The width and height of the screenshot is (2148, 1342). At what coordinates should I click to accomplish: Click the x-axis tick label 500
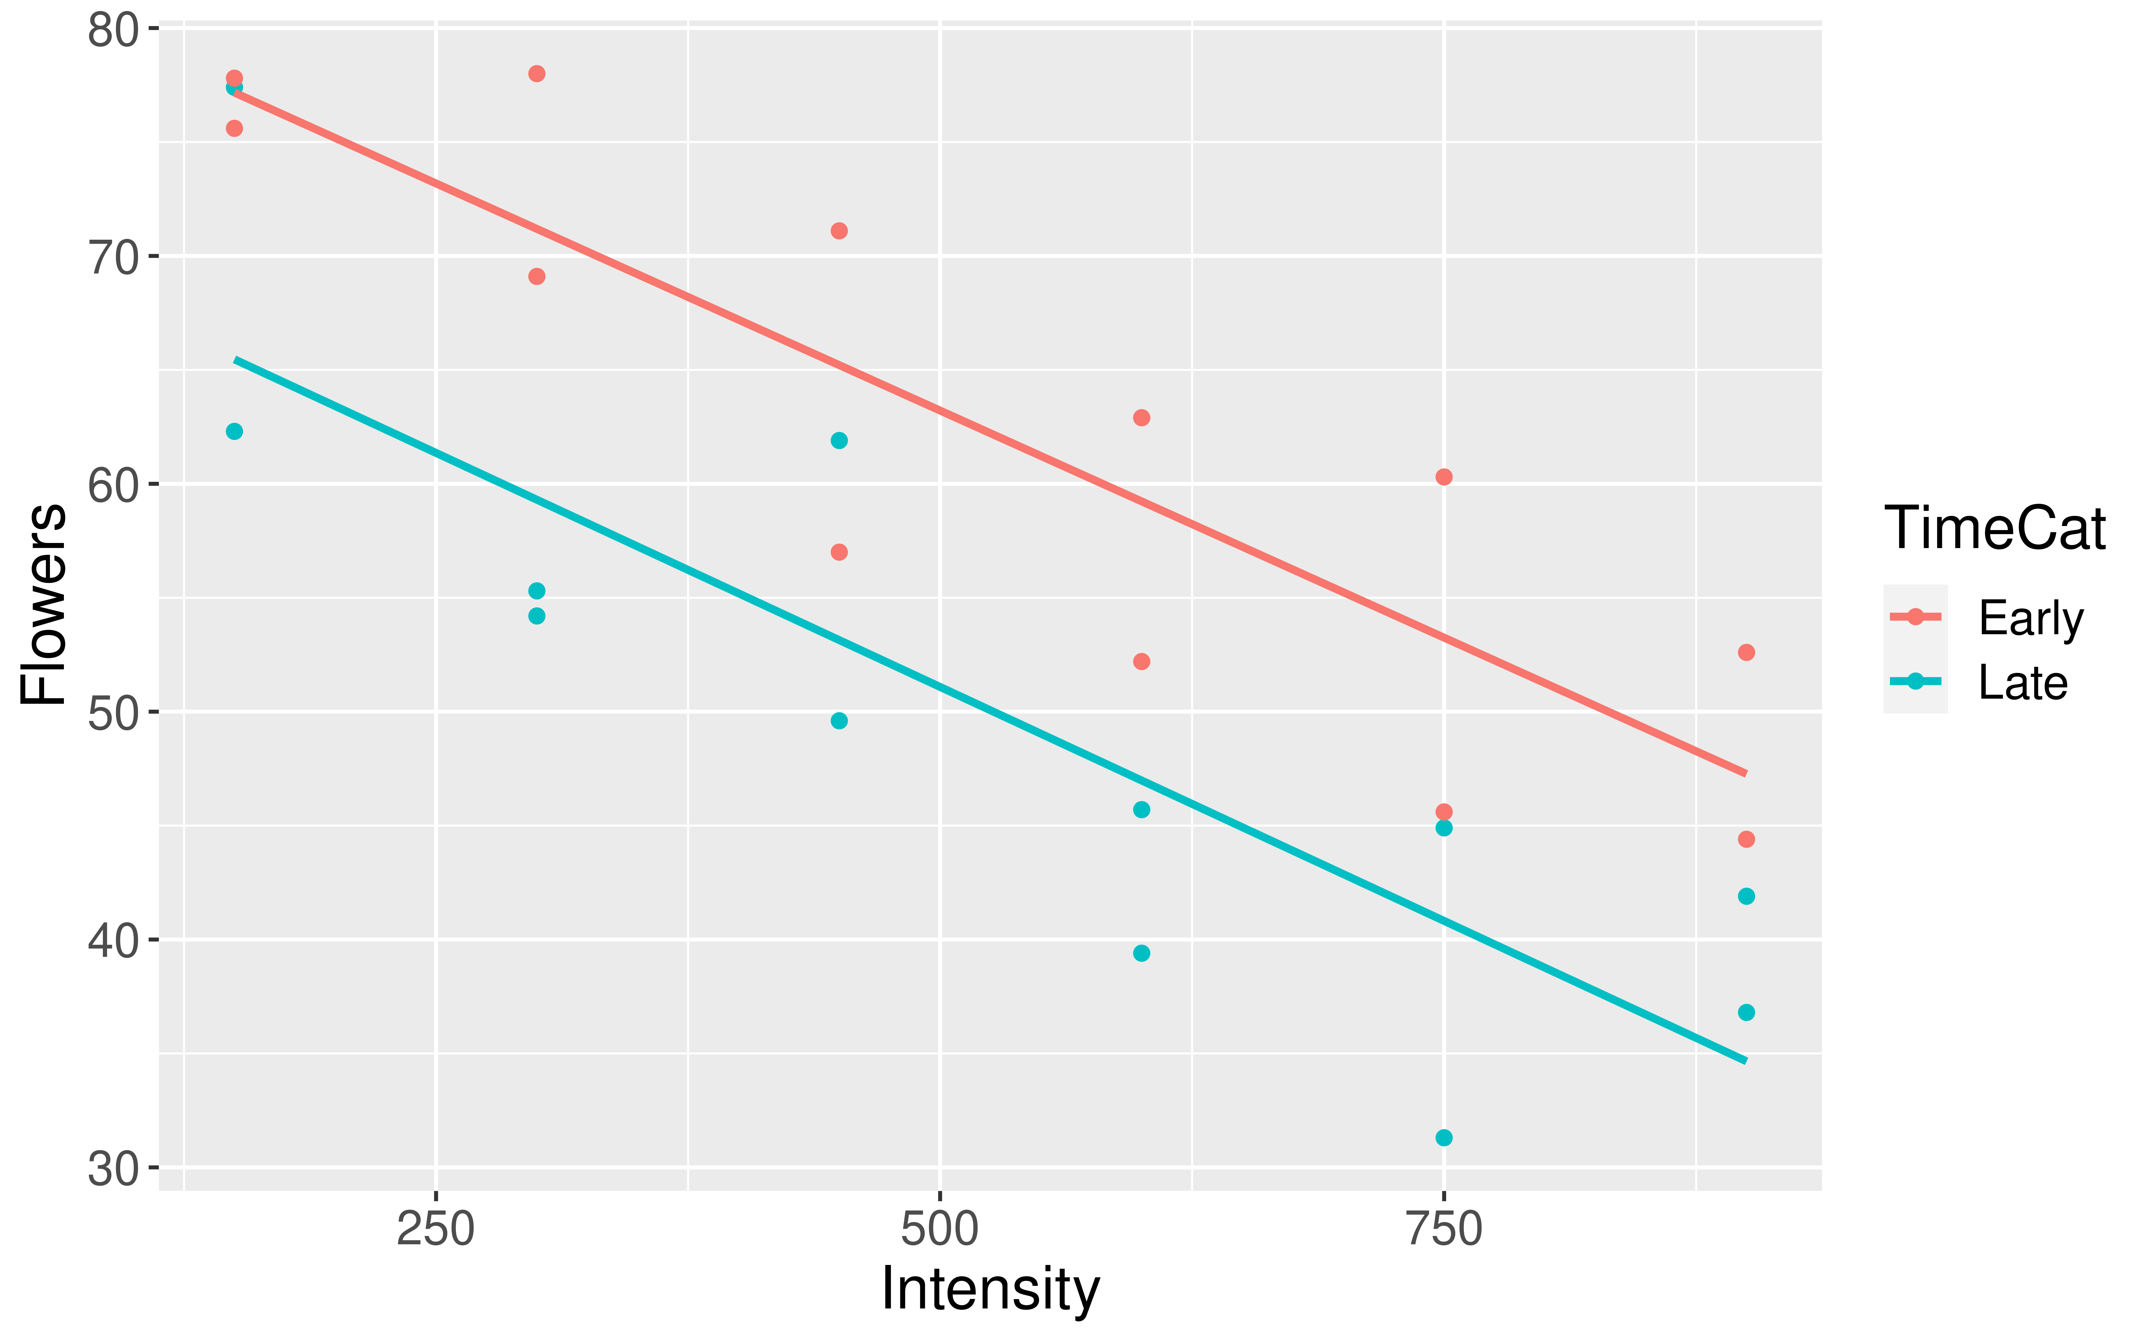(x=939, y=1231)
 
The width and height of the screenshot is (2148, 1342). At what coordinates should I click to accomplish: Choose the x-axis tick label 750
(x=1444, y=1231)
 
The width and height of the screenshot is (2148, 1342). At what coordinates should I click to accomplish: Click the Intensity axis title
(x=990, y=1289)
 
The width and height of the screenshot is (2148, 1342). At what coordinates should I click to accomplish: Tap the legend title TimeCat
(x=1994, y=529)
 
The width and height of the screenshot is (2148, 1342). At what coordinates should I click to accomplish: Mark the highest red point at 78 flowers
(x=536, y=74)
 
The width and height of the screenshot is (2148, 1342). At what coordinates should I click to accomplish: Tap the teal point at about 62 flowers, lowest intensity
(x=234, y=431)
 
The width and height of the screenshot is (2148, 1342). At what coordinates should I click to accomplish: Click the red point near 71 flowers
(x=839, y=231)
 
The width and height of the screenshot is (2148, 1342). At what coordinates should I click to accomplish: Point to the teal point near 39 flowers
(x=1141, y=953)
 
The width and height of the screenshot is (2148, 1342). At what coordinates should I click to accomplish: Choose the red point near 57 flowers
(x=839, y=552)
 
